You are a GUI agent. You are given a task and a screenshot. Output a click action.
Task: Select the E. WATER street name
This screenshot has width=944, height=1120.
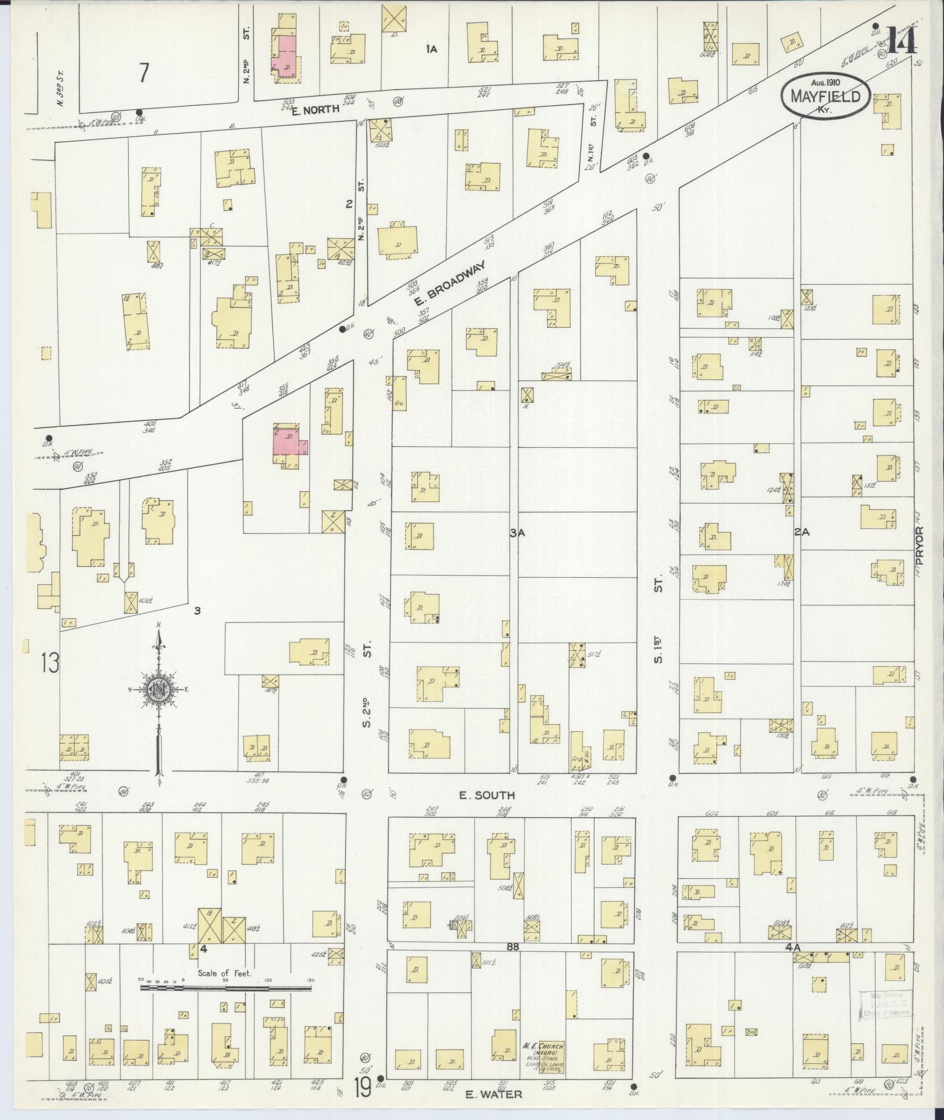click(493, 1094)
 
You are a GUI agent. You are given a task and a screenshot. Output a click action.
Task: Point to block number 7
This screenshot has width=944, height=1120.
click(144, 74)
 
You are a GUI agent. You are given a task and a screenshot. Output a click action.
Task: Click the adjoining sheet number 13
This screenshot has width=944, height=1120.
click(50, 663)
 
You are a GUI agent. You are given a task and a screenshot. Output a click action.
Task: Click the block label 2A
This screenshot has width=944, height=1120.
click(801, 532)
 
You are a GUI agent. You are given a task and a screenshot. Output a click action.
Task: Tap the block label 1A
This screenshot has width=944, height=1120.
click(432, 50)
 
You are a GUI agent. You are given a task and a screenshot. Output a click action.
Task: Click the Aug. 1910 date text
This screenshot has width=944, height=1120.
click(825, 83)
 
